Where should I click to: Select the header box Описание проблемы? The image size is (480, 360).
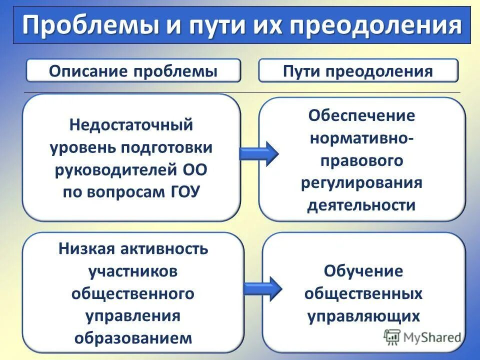(133, 70)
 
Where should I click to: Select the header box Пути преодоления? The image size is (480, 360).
(357, 70)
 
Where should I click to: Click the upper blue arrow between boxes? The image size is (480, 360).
(258, 153)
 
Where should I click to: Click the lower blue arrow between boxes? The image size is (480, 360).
(262, 288)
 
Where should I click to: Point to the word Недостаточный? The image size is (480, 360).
(131, 124)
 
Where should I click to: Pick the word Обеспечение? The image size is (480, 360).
(361, 115)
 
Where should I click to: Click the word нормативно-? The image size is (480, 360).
(361, 138)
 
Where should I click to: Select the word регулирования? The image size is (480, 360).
(361, 182)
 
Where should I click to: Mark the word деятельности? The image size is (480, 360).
(361, 205)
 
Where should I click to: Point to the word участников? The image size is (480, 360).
(133, 271)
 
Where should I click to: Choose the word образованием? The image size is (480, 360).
(133, 337)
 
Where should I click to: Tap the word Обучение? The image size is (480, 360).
(363, 271)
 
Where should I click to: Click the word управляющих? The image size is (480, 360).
(363, 316)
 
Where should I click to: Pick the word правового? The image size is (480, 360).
(361, 160)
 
